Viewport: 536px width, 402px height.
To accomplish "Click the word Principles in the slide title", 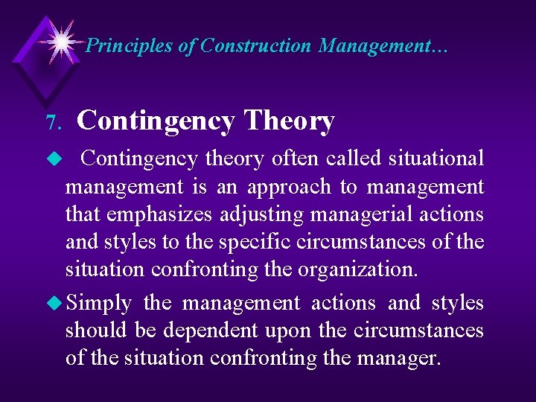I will pos(130,46).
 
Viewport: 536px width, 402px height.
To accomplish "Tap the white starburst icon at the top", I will pos(60,39).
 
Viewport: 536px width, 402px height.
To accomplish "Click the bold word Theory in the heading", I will pos(289,121).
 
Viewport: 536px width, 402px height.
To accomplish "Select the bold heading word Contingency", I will pos(156,121).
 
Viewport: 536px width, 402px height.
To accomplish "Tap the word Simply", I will pos(99,304).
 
